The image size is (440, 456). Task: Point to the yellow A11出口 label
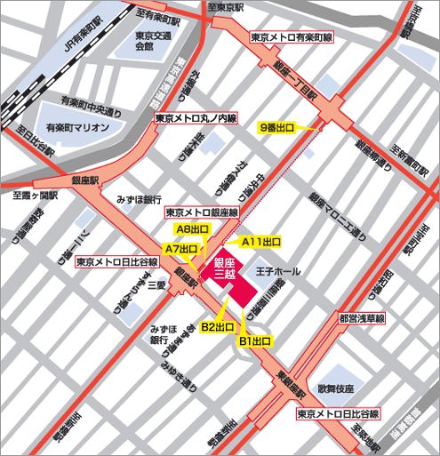pos(262,242)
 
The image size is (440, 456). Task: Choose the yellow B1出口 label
pos(253,340)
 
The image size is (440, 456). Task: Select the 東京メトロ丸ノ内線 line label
pos(195,117)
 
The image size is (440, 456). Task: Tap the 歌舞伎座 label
pos(338,389)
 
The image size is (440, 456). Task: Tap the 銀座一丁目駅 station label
pos(292,83)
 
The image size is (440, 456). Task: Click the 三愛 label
pos(156,284)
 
